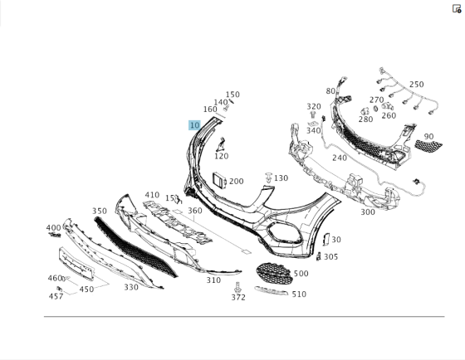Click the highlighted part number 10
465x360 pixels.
tap(194, 125)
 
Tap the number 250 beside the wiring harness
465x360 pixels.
tap(416, 85)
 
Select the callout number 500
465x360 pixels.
tap(301, 274)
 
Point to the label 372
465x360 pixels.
tap(238, 297)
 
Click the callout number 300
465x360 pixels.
tap(368, 212)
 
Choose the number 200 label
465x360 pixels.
tap(237, 181)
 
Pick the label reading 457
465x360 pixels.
tap(56, 296)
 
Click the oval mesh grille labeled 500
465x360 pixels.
tap(274, 274)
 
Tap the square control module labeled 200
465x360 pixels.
tap(219, 180)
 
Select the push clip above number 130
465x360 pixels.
tap(269, 177)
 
